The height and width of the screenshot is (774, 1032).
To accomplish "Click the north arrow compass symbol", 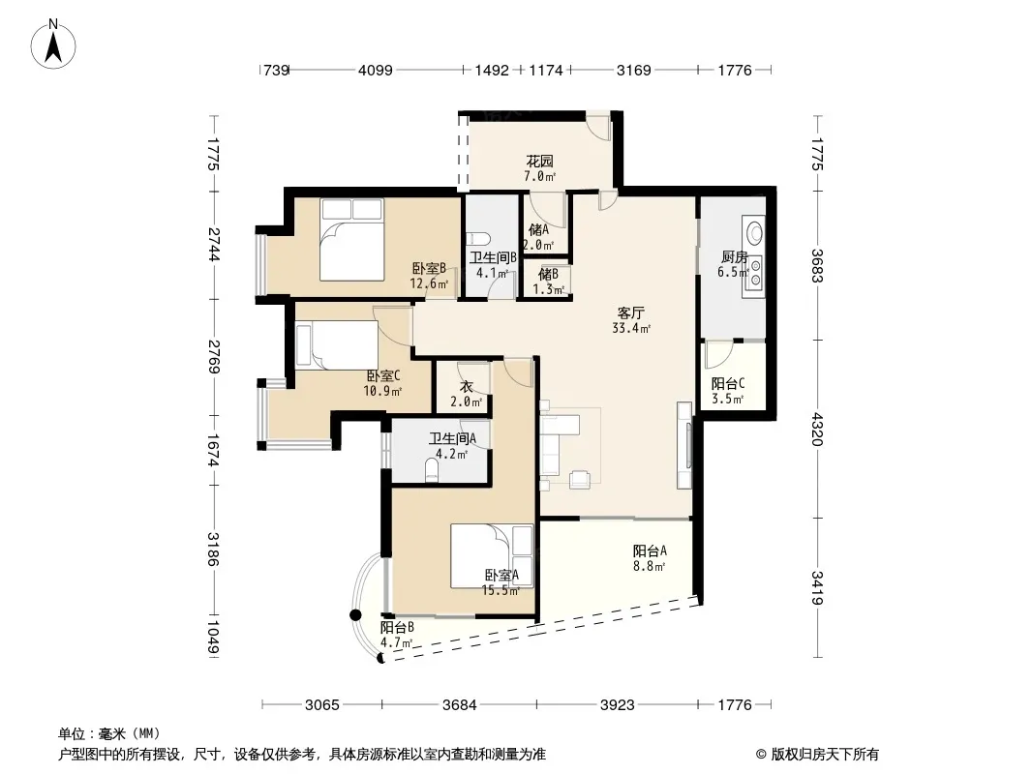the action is click(53, 44).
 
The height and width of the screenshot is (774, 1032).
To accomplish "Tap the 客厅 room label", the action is click(630, 313).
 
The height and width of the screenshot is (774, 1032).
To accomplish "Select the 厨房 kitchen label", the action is click(734, 257).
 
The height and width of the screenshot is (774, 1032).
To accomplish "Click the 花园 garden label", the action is click(539, 162).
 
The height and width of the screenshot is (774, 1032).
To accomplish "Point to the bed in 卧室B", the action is click(351, 239).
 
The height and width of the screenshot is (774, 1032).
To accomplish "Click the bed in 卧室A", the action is click(492, 555).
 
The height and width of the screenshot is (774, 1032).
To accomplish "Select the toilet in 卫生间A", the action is click(432, 470).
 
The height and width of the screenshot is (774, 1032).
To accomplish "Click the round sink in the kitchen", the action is click(754, 232).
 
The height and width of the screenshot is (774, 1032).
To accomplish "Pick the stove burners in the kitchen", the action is click(754, 274).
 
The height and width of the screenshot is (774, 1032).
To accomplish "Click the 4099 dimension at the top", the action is click(376, 70).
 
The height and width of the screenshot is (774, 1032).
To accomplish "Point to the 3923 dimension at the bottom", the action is click(618, 705).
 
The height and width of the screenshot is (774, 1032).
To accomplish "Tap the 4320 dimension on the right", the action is click(817, 429).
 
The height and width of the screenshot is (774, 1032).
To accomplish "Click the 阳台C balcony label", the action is click(728, 384).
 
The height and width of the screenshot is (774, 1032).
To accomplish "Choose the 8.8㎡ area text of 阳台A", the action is click(649, 566).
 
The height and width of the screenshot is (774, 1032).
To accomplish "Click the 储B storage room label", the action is click(548, 274).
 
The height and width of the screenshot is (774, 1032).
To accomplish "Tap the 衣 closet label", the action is click(466, 387).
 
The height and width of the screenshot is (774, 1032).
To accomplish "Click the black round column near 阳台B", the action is click(355, 615).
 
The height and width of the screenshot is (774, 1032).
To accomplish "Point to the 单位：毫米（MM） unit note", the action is click(109, 734).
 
